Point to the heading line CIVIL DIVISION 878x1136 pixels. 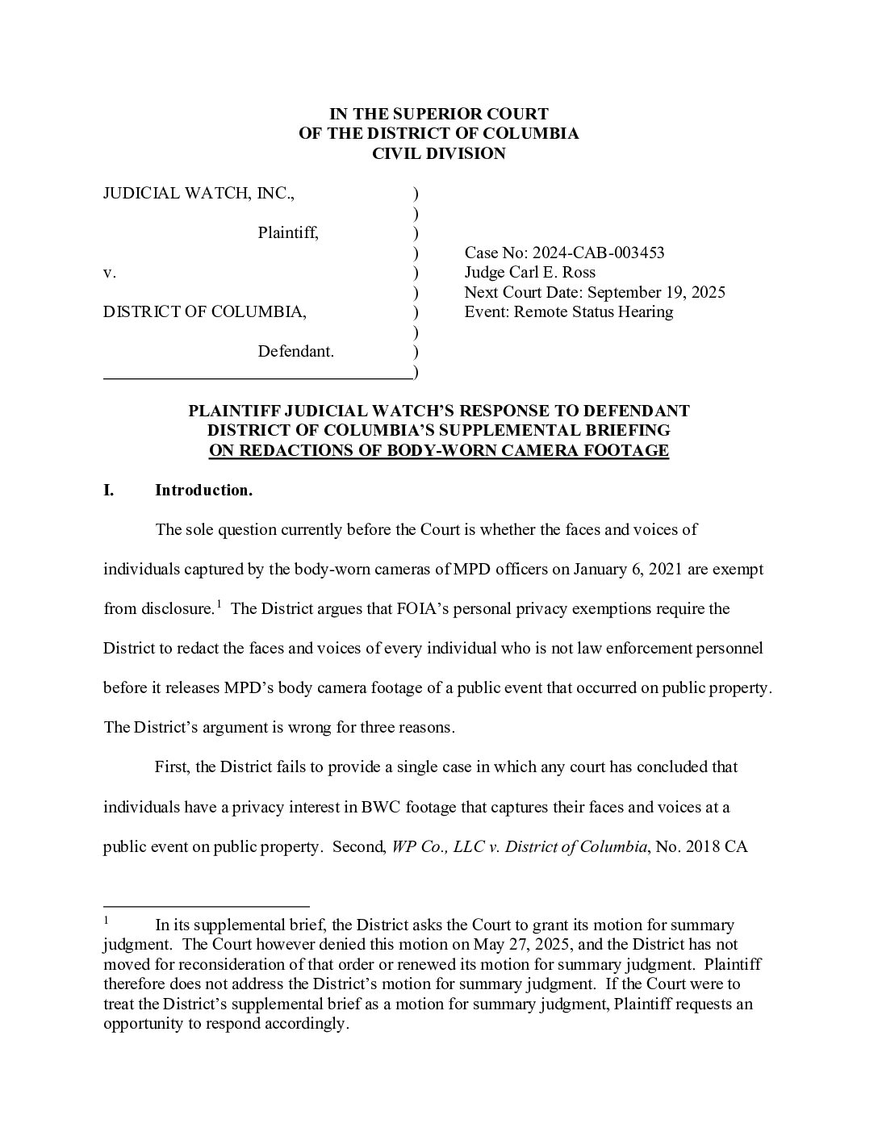(x=438, y=153)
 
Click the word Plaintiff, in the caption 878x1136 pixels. (x=288, y=233)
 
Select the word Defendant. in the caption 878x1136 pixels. (x=295, y=352)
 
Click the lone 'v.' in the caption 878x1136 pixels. (x=110, y=273)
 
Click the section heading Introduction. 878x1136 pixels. (x=203, y=490)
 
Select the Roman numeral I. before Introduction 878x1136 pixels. (x=108, y=490)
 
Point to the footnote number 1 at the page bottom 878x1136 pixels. (x=106, y=919)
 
